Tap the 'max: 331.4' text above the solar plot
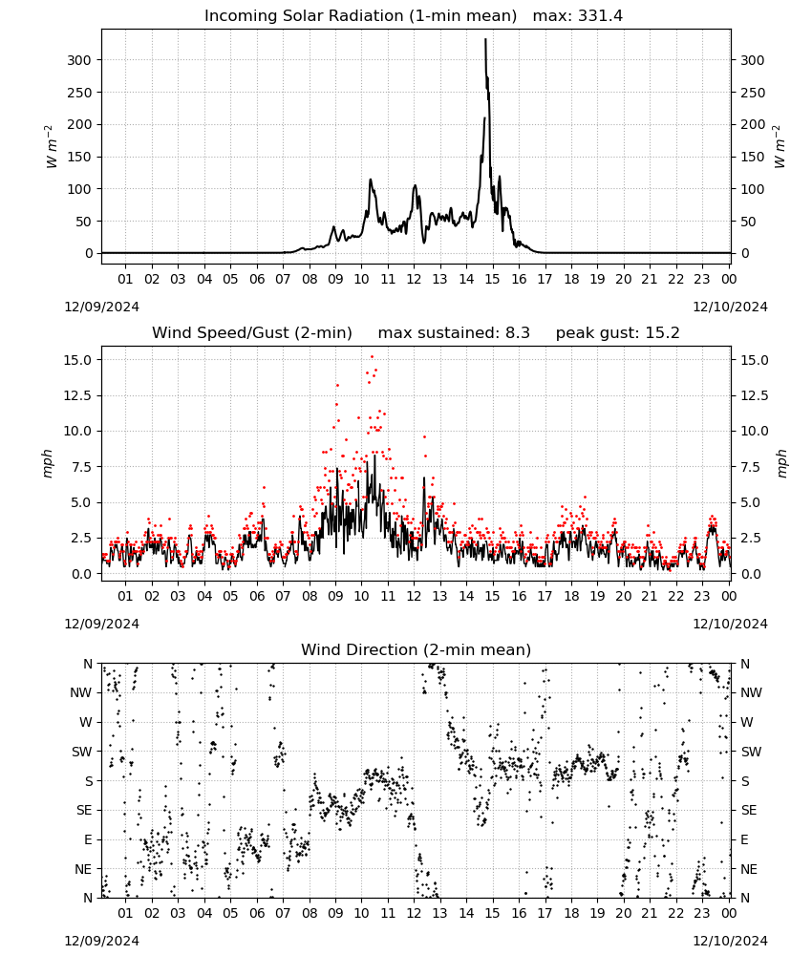coord(578,16)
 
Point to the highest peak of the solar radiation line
coord(485,39)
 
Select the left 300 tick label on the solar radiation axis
coord(79,60)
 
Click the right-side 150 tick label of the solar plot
coord(753,158)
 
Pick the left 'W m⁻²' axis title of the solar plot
coord(52,147)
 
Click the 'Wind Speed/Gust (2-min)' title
coord(252,333)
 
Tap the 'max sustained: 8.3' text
coord(454,333)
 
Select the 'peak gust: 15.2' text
coord(617,333)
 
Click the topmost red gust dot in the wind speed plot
coord(372,357)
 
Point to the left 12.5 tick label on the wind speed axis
coord(78,396)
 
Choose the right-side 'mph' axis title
coord(782,463)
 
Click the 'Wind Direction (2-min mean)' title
coord(417,649)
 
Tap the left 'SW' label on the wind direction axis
coord(81,752)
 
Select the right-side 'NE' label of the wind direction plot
coord(749,869)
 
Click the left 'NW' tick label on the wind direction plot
coord(81,692)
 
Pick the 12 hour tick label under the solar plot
coord(414,279)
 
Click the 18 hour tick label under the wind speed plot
coord(571,596)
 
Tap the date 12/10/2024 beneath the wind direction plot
coord(730,941)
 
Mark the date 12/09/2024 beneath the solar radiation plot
coord(101,307)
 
